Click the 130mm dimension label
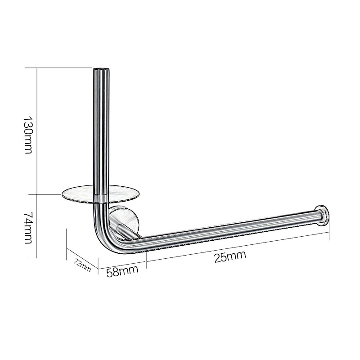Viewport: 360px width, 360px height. coord(28,135)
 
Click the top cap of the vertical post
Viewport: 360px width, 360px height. coord(101,70)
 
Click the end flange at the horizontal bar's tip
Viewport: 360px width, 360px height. coord(322,215)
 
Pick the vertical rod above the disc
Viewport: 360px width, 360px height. coord(101,130)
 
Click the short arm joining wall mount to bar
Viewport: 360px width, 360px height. coord(128,233)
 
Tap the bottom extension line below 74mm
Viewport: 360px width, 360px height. coord(49,259)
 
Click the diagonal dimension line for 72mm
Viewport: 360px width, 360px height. coord(82,258)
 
